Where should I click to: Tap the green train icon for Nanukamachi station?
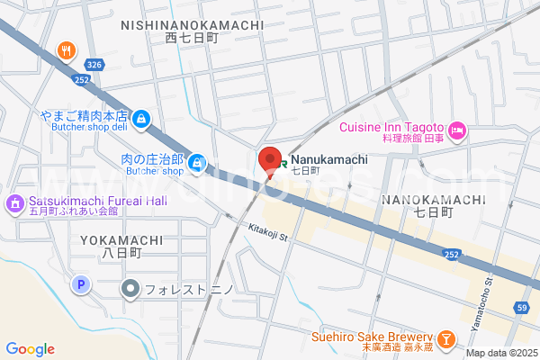point(283,159)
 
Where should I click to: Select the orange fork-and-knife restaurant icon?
point(66,50)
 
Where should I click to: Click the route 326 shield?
point(94,66)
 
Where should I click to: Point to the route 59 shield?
point(522,308)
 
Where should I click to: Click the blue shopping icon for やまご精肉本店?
point(141,118)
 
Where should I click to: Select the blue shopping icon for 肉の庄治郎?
point(197,163)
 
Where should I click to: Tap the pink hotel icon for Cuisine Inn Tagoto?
point(457,132)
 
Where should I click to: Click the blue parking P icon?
point(81,285)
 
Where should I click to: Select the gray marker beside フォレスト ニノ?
point(130,289)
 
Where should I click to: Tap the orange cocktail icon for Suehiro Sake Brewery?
point(447,338)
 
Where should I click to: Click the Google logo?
point(30,348)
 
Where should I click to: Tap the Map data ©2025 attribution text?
point(500,353)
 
